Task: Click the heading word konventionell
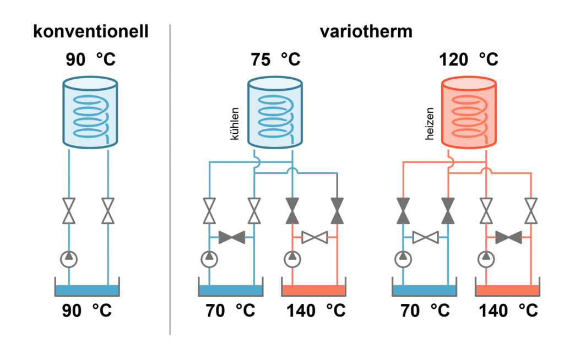tap(90, 31)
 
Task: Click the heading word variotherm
tap(366, 31)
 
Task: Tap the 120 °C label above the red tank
tap(469, 59)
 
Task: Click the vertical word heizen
tap(430, 123)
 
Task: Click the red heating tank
tap(469, 113)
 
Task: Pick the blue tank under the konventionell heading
tap(90, 113)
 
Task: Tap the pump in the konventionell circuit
tap(69, 257)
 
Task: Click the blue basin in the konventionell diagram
tap(88, 291)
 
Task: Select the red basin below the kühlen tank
tap(314, 291)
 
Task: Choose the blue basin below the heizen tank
tap(425, 291)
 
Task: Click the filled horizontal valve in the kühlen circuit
tap(232, 238)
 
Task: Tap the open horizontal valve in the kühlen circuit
tap(315, 238)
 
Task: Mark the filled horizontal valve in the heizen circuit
tap(508, 238)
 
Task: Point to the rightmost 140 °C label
tap(508, 310)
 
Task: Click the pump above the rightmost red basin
tap(486, 257)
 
